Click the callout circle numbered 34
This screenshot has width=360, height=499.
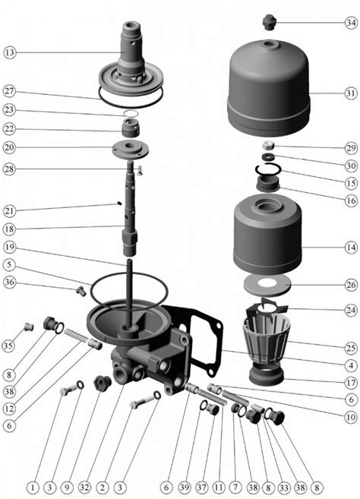click(351, 23)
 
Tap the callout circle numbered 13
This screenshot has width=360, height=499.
click(10, 52)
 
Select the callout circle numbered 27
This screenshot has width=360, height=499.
click(9, 92)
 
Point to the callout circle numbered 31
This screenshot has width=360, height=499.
click(351, 93)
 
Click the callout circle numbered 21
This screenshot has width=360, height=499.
click(9, 211)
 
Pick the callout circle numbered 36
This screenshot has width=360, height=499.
click(9, 283)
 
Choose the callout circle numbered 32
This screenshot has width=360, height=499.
click(84, 487)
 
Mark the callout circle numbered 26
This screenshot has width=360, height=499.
click(351, 285)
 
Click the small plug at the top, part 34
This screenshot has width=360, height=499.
click(270, 23)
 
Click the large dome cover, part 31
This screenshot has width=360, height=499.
click(269, 88)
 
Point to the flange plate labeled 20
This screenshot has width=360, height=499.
click(131, 149)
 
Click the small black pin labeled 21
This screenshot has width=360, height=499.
click(119, 203)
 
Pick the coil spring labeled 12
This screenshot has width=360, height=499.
click(76, 336)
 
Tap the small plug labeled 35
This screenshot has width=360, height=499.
click(29, 327)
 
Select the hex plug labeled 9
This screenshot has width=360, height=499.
click(103, 383)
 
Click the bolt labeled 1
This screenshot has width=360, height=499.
click(68, 390)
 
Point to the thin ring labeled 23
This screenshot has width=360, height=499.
click(131, 114)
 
